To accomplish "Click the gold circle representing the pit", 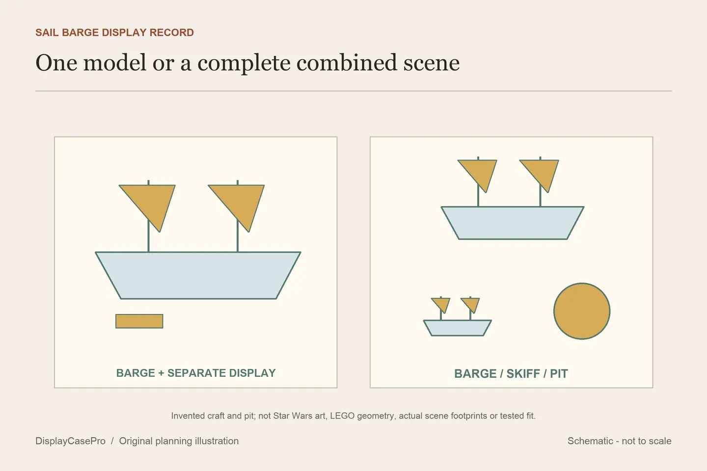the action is coord(582,311).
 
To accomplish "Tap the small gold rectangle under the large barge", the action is coord(139,321).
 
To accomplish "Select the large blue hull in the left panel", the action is coord(198,275).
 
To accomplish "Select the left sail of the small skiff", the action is coord(441,304).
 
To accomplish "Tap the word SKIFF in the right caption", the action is coord(523,373).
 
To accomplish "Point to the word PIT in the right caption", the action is coord(559,373).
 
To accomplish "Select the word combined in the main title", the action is coord(346,62).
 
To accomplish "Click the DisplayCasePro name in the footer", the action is coord(70,441).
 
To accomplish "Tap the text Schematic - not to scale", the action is coord(619,441).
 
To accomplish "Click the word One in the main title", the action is coord(56,62).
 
